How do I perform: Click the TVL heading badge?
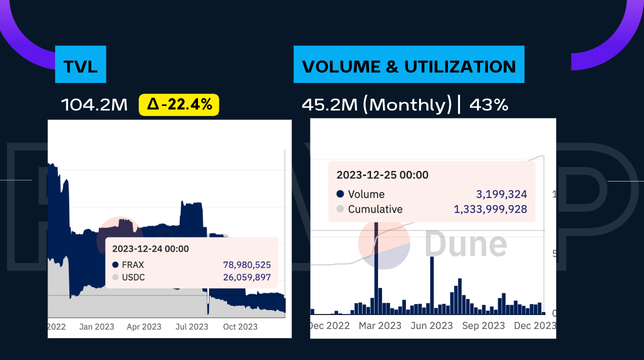click(80, 66)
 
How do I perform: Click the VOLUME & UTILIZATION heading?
click(409, 66)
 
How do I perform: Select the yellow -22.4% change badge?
click(179, 105)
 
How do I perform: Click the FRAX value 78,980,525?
click(246, 265)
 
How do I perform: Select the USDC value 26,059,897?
click(246, 277)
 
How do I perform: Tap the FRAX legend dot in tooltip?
click(115, 265)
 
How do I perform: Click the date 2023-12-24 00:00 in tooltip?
click(150, 248)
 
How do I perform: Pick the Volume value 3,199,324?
click(501, 194)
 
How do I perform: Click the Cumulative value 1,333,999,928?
click(490, 209)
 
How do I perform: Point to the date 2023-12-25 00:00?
click(382, 175)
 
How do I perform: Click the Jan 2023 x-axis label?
click(96, 327)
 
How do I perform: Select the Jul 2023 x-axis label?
click(191, 327)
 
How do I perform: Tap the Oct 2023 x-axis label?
click(240, 327)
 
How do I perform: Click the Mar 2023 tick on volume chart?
click(380, 325)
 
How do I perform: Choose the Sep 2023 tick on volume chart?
click(483, 325)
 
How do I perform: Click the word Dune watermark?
click(465, 244)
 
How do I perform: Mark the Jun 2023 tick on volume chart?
click(431, 325)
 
